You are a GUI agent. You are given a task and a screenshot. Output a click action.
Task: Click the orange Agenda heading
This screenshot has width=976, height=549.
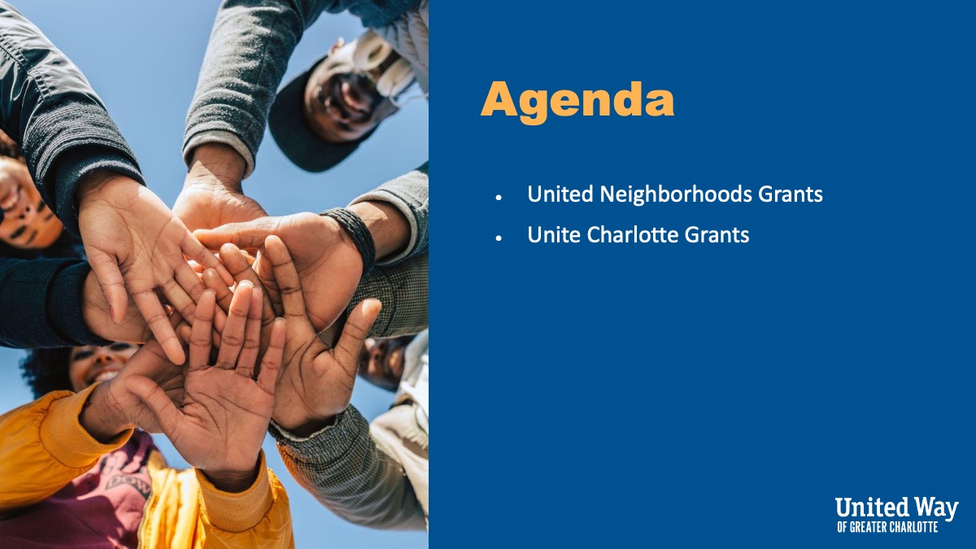click(577, 101)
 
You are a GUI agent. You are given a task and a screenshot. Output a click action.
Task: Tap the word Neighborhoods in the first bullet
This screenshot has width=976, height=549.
click(676, 194)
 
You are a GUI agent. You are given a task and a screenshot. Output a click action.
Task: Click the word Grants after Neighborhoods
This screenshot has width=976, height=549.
click(791, 194)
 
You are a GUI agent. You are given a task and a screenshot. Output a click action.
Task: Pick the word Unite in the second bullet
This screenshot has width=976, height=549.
click(554, 234)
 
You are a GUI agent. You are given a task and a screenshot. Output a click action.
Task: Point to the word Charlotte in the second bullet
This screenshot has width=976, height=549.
click(633, 234)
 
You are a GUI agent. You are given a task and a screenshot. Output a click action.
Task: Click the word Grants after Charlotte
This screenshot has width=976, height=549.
click(717, 234)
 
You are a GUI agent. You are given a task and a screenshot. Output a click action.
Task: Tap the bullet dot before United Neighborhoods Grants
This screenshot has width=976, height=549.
click(499, 198)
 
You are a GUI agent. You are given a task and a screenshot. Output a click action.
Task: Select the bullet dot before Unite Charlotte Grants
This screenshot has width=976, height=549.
click(499, 237)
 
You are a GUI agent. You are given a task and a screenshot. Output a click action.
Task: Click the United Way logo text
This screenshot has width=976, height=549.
click(896, 508)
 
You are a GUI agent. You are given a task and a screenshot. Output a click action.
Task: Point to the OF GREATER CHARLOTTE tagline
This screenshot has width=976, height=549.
click(887, 527)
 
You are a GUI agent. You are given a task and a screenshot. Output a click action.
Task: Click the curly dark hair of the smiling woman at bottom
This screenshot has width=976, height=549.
click(46, 370)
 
